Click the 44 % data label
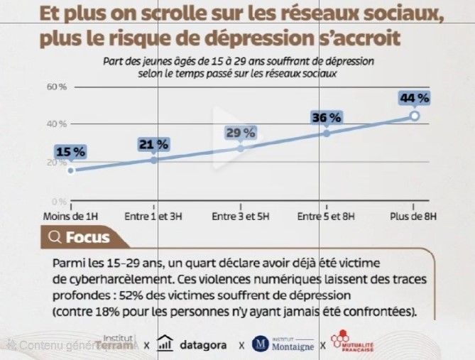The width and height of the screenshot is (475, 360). pos(415,98)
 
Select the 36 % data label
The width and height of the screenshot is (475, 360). pos(327,117)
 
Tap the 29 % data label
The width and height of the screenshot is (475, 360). pos(241,133)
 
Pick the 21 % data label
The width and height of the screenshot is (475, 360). pos(154,145)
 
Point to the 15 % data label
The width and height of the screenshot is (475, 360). pos(70,152)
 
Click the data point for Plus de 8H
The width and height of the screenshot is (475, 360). pos(415,116)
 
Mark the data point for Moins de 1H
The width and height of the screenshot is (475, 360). pos(70,170)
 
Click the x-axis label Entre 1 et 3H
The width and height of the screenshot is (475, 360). pos(153,216)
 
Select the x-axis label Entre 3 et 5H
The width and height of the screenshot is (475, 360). pos(240,216)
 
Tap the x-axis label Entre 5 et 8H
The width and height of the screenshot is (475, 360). pos(327,216)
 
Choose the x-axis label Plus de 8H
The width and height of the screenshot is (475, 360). pos(414,216)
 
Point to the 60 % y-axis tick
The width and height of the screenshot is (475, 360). pos(56,87)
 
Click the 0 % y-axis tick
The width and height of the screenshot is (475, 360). pos(59,201)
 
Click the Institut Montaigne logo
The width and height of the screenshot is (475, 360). pos(284,345)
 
